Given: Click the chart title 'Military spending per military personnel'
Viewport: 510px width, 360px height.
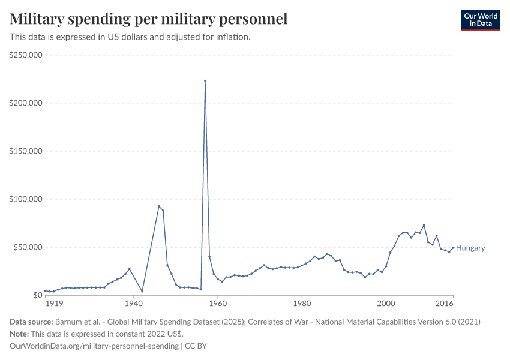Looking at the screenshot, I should [148, 19].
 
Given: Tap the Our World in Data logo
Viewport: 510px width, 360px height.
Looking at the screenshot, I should [480, 20].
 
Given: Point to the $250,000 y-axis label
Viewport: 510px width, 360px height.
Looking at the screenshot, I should [26, 55].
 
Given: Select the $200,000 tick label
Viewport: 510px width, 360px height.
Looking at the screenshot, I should [26, 103].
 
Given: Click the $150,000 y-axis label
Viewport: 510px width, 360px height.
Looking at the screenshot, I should [26, 151].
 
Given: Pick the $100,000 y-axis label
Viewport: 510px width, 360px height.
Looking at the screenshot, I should [26, 199].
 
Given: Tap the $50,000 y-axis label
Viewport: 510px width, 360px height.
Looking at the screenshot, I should [28, 247].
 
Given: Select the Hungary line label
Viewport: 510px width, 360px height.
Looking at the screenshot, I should [470, 248].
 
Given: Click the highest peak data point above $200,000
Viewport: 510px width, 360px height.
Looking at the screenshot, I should [205, 80].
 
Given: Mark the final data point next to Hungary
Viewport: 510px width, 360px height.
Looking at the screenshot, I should [453, 248].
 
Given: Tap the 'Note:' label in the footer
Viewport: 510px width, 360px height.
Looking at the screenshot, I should [20, 334].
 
